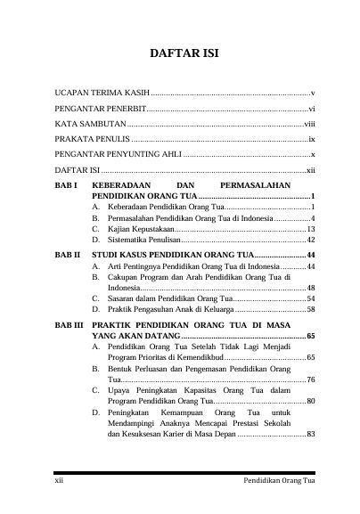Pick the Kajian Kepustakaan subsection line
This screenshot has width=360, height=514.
click(141, 229)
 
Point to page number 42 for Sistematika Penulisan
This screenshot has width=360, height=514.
click(310, 240)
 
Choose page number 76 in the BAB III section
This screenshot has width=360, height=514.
click(310, 379)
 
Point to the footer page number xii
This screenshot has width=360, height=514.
click(59, 481)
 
